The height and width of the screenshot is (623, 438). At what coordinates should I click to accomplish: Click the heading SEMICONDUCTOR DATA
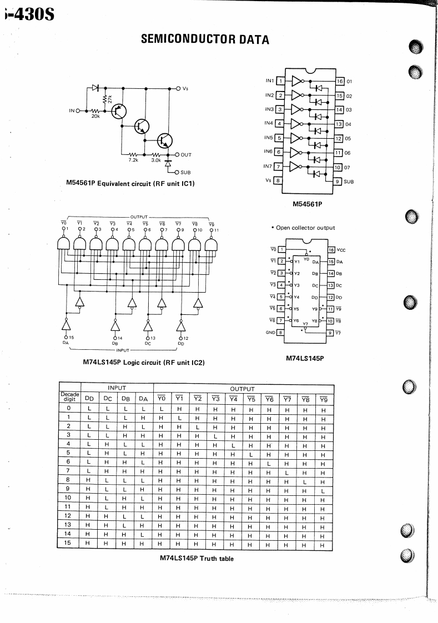pos(205,39)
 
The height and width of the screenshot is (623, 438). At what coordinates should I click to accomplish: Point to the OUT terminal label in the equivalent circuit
pos(186,155)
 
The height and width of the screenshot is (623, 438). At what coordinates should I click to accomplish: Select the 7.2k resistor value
pos(133,160)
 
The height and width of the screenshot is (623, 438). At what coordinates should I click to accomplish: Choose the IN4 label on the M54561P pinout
pos(268,123)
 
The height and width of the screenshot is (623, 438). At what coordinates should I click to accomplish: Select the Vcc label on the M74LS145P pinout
pos(341,250)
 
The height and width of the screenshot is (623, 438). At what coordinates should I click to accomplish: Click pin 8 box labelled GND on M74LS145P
pos(280,333)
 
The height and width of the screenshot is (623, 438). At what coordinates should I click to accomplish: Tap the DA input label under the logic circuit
pos(66,343)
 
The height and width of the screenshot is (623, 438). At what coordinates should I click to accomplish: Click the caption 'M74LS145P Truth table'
pos(196,558)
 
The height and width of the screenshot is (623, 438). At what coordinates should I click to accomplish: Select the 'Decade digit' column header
pos(69,397)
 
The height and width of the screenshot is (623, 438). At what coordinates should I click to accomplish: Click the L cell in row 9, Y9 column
pos(322,490)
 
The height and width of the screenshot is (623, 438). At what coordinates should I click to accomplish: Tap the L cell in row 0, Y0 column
pos(161,408)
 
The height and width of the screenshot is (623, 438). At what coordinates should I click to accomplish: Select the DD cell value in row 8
pos(88,481)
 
